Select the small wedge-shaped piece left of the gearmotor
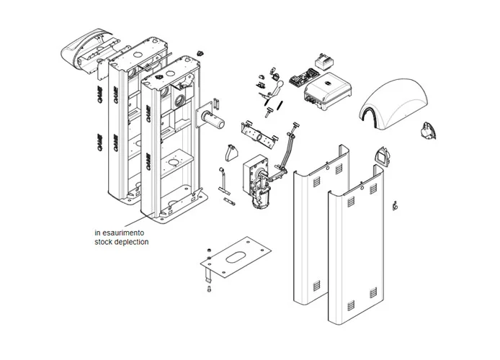(x=231, y=153)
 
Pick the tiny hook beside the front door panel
(x=395, y=207)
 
